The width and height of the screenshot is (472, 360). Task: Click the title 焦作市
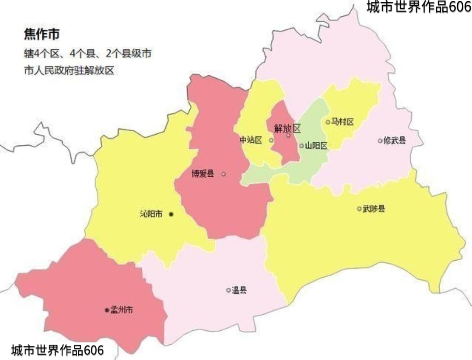coord(41,35)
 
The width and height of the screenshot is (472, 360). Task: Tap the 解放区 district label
coord(287,128)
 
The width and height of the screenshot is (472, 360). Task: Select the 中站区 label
coord(251,140)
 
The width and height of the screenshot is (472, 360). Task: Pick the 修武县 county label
coord(395,140)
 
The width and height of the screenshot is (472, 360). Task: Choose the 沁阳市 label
coord(151,214)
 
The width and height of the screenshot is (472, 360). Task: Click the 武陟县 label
coord(374,209)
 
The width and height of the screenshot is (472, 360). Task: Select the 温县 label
coord(239,290)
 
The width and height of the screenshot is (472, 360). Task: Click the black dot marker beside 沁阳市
coord(171,214)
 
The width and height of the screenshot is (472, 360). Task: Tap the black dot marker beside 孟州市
coord(107,310)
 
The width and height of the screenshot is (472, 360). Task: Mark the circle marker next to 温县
coord(228,290)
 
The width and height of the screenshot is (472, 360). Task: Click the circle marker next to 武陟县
coord(360,209)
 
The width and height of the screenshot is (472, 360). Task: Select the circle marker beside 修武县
coord(380,140)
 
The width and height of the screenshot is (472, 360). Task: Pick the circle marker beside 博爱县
coord(224,174)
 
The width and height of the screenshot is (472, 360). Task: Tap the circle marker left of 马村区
coord(328,122)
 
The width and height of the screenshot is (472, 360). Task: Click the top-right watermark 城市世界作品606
coord(419,7)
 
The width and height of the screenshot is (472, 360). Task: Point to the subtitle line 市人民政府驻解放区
coord(69,70)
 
